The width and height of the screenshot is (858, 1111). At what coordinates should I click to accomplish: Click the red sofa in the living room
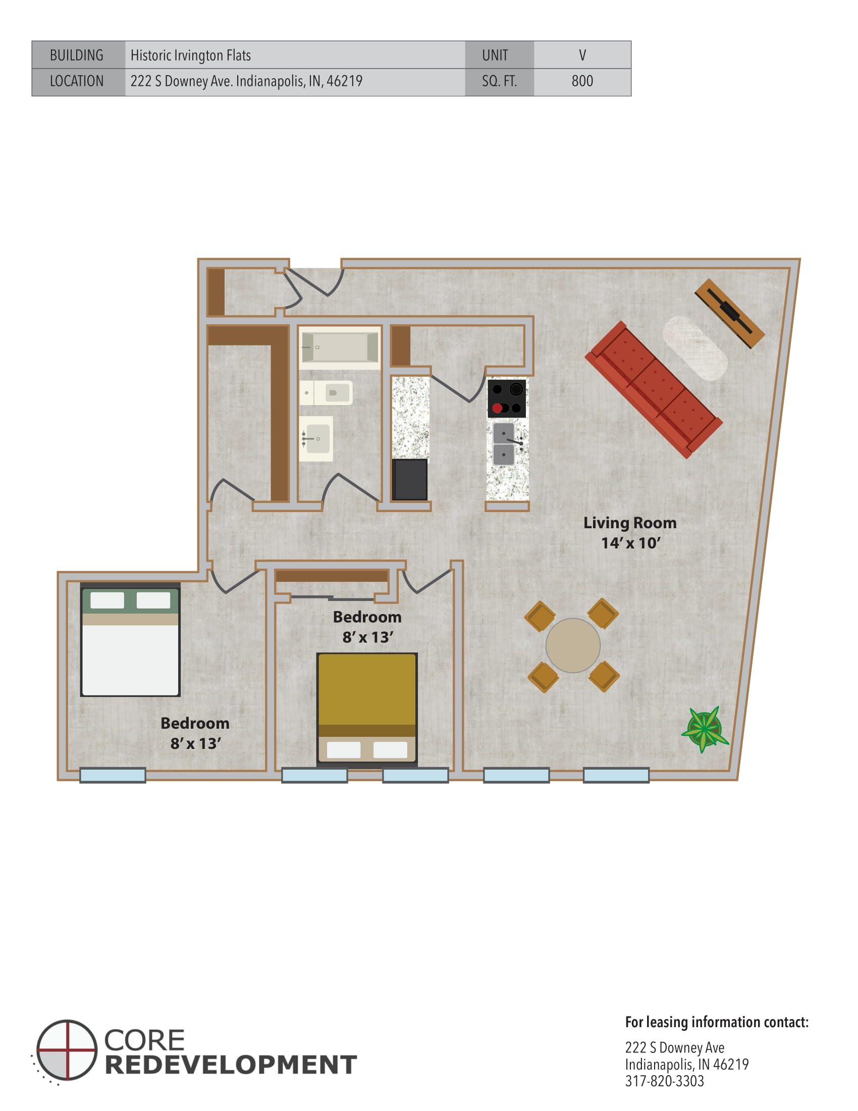(x=654, y=389)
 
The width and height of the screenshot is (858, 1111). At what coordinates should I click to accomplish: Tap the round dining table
(x=573, y=645)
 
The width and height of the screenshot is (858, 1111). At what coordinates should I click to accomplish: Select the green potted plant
(x=704, y=729)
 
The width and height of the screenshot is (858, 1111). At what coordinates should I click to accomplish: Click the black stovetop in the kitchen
(x=507, y=398)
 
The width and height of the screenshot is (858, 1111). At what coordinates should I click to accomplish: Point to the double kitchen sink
(x=504, y=444)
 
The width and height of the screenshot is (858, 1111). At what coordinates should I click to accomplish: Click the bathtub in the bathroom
(x=340, y=347)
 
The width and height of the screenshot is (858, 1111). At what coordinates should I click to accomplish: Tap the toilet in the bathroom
(x=327, y=393)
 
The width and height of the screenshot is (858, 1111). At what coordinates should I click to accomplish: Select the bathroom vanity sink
(x=315, y=438)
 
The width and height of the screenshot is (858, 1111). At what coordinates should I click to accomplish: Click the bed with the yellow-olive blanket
(x=367, y=709)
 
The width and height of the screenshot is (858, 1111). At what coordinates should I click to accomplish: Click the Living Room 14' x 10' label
(x=630, y=533)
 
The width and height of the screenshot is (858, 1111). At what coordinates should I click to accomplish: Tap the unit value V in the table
(x=582, y=55)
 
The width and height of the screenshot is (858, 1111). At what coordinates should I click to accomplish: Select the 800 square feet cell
(x=582, y=81)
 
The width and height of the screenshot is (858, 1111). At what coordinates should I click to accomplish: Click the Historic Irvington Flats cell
(x=295, y=55)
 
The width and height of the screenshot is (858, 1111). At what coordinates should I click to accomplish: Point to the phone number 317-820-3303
(x=664, y=1081)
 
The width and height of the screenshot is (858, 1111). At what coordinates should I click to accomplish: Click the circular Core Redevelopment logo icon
(x=67, y=1050)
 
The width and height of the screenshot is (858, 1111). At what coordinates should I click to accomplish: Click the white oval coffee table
(x=695, y=348)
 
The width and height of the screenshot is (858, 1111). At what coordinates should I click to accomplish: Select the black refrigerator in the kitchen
(x=409, y=480)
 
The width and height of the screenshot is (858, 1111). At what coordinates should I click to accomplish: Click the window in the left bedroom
(x=113, y=775)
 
